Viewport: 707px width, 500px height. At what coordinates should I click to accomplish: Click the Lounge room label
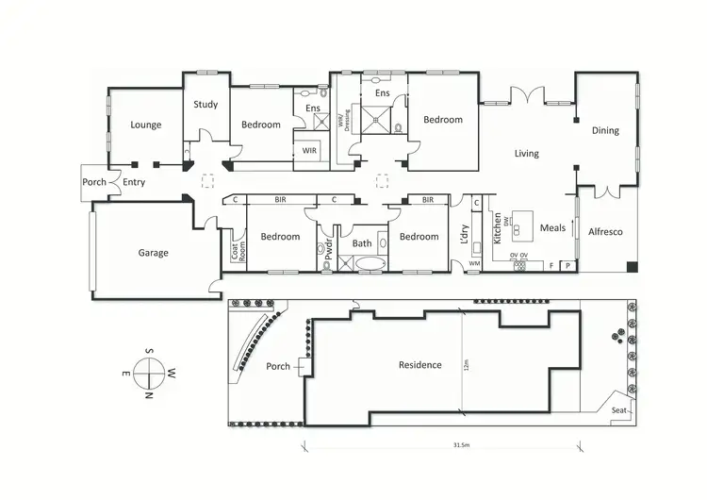(146, 125)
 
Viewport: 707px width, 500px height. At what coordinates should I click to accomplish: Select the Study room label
(206, 105)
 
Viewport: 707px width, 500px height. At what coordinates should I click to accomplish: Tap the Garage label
(153, 253)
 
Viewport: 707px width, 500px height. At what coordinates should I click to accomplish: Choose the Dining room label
(605, 131)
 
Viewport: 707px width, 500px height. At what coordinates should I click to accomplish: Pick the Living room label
(526, 153)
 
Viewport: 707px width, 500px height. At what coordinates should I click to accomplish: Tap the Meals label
(552, 227)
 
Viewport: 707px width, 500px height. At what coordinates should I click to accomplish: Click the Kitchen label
(498, 229)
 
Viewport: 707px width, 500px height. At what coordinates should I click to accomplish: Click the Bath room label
(362, 243)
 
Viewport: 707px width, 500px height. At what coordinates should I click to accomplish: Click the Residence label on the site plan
(419, 365)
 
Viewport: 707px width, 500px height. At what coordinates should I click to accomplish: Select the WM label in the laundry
(474, 263)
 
